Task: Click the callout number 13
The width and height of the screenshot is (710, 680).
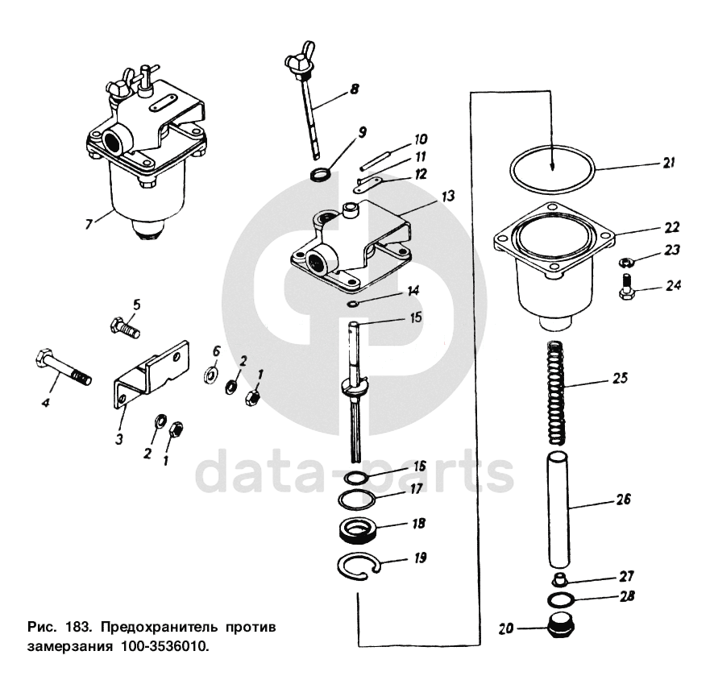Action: pyautogui.click(x=448, y=196)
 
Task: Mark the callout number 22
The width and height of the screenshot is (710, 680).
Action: pyautogui.click(x=672, y=227)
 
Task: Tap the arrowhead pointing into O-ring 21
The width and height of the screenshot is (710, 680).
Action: pyautogui.click(x=552, y=166)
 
